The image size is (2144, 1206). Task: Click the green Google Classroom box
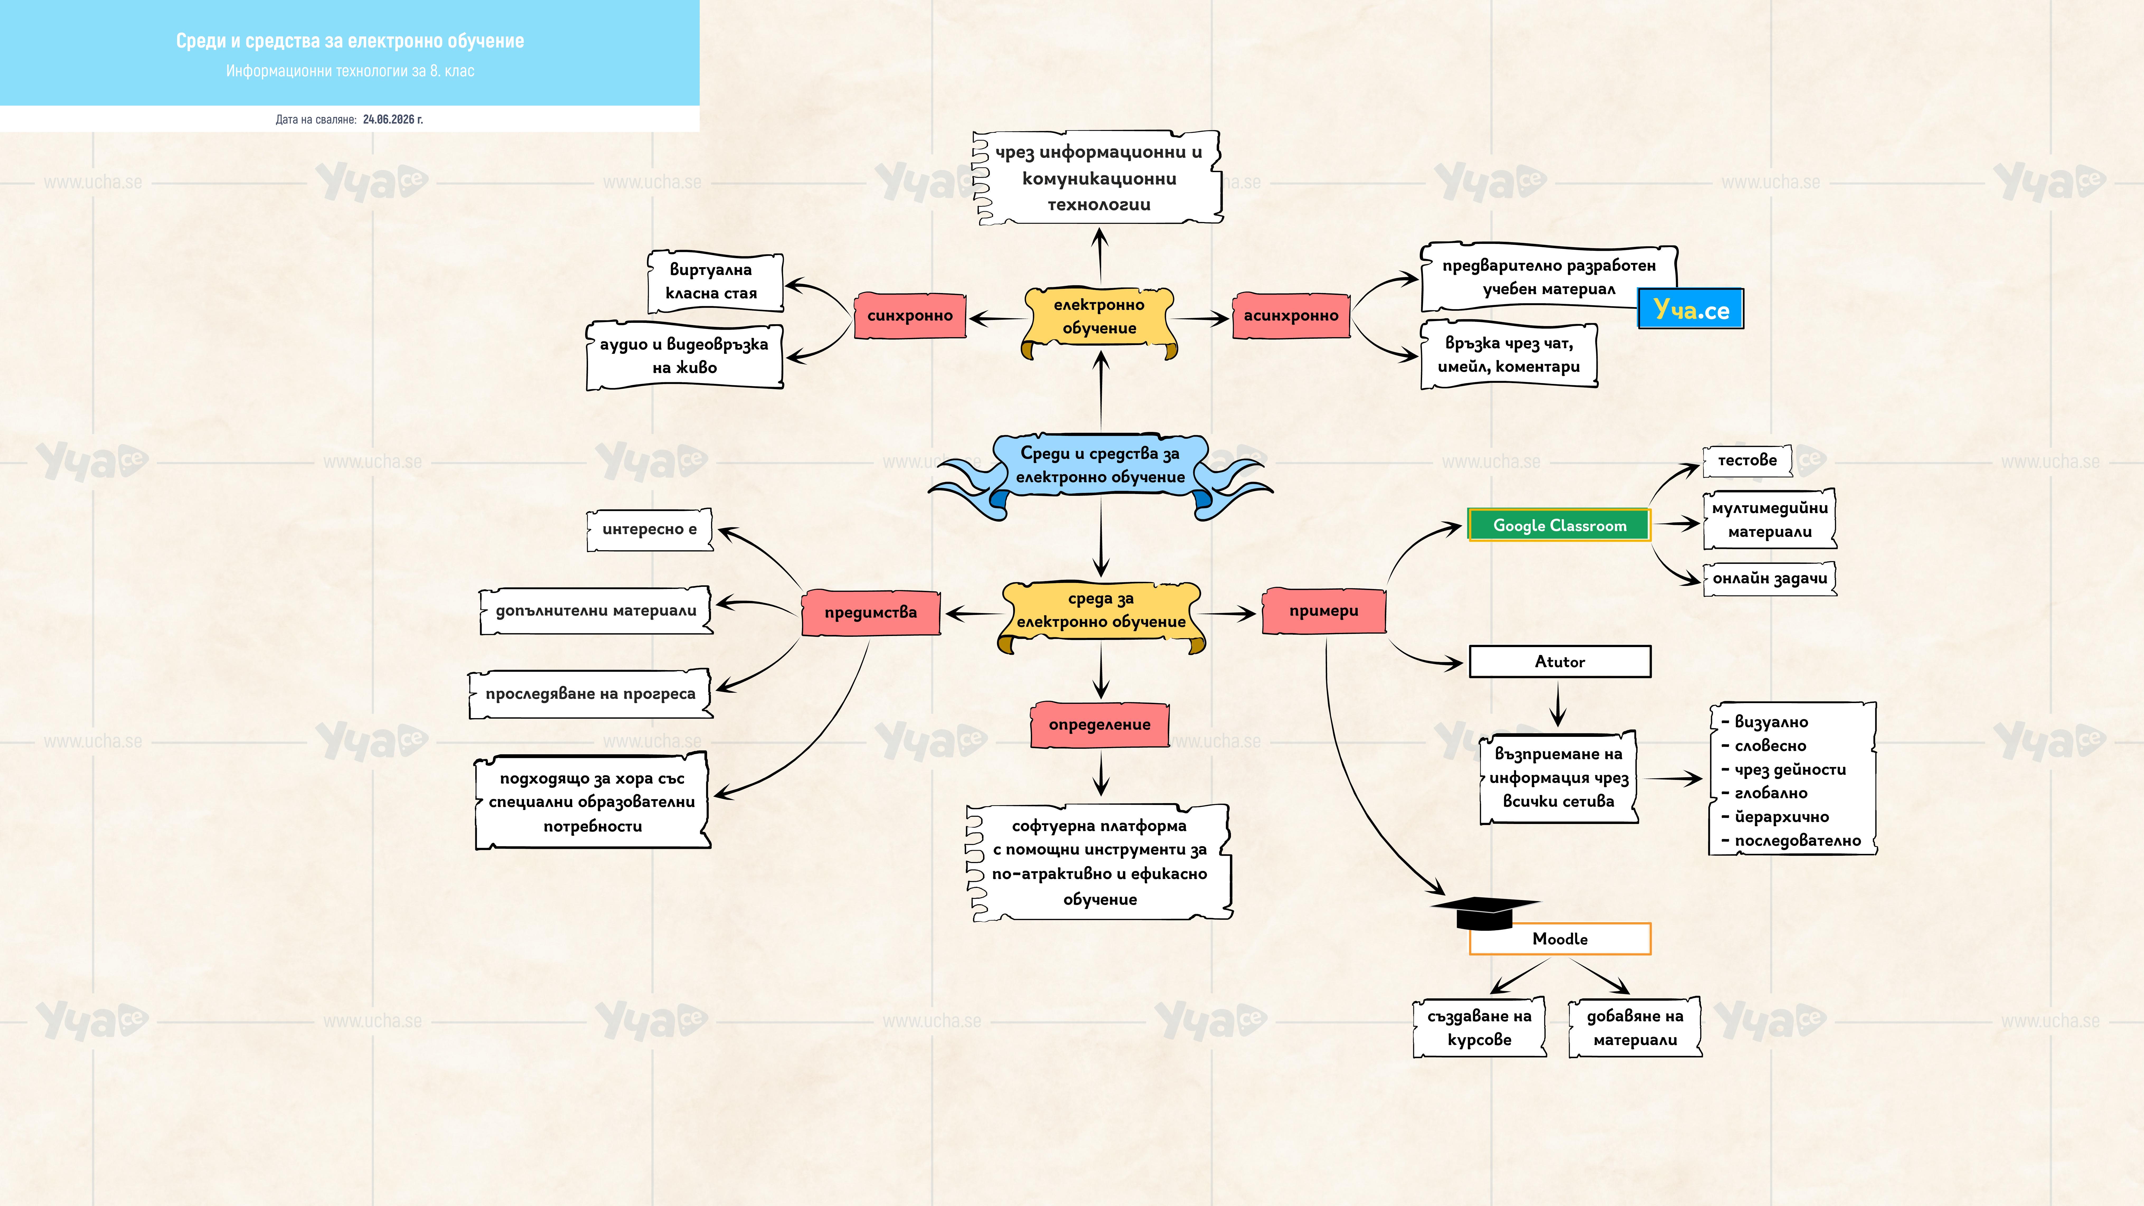click(x=1559, y=525)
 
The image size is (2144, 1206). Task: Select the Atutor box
click(x=1560, y=662)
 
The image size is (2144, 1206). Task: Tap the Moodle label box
click(x=1560, y=939)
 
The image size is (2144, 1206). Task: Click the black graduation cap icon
click(x=1485, y=912)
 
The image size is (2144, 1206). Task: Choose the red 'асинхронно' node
click(x=1291, y=315)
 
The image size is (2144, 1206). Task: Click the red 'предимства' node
click(x=871, y=613)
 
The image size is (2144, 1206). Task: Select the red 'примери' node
click(x=1323, y=611)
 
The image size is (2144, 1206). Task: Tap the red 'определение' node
click(x=1099, y=725)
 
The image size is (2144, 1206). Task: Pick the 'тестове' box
click(x=1747, y=460)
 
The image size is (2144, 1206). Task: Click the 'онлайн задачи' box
click(x=1770, y=578)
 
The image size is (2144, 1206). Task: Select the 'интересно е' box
click(x=649, y=529)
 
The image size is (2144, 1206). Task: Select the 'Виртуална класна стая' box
click(x=714, y=281)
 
